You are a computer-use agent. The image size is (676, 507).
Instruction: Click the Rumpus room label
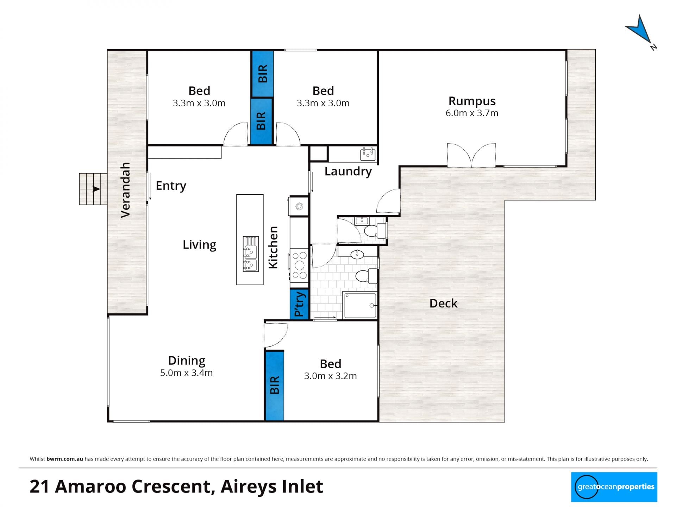[x=472, y=101]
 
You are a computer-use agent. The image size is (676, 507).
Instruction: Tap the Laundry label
[x=348, y=171]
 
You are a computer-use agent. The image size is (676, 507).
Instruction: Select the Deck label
[x=443, y=303]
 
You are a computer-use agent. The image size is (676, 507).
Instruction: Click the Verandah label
[x=125, y=190]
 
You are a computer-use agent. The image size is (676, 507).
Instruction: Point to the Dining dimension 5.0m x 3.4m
[x=186, y=373]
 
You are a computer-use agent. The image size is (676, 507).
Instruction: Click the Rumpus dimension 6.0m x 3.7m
[x=472, y=113]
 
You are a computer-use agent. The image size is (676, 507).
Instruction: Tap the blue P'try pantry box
[x=299, y=304]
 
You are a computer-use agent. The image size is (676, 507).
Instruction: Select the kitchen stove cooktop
[x=299, y=265]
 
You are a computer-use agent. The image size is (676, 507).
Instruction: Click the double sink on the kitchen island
[x=250, y=254]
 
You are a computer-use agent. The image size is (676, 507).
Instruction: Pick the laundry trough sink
[x=368, y=154]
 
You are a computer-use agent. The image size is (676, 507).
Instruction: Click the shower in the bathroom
[x=360, y=305]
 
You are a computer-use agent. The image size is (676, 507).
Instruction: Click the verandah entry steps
[x=93, y=189]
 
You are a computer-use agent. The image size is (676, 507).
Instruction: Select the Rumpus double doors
[x=471, y=155]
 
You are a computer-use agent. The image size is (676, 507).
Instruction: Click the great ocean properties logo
[x=614, y=487]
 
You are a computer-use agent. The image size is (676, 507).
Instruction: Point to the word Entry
[x=171, y=186]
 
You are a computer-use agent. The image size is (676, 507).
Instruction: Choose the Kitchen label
[x=273, y=248]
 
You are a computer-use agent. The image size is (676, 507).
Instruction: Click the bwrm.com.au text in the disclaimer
[x=65, y=459]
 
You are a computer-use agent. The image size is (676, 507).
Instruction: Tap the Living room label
[x=199, y=245]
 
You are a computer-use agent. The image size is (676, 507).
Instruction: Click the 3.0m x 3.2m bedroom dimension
[x=330, y=376]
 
